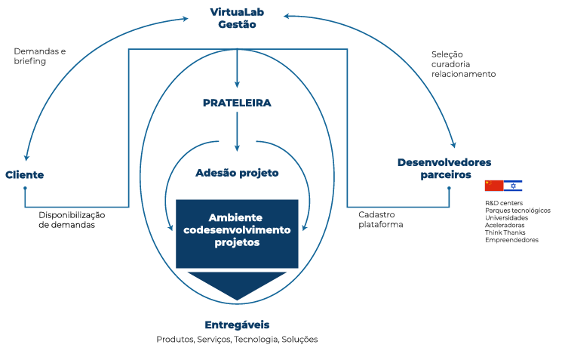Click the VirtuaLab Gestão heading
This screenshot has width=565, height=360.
237,18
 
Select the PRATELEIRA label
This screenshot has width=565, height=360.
237,103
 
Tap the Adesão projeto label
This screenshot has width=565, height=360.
237,173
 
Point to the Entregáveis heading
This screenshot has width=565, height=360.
237,325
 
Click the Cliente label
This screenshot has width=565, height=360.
25,175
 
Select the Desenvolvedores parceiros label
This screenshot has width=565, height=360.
444,168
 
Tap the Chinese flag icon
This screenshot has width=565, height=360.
493,186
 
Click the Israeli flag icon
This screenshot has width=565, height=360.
513,186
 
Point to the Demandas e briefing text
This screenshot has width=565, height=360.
39,56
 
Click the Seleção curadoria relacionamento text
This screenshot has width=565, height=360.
463,64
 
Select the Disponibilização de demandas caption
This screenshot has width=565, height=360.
72,220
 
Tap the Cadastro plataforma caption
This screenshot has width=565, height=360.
381,220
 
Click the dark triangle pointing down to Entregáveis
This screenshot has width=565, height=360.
237,284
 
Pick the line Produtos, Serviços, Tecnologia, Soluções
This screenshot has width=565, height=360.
237,340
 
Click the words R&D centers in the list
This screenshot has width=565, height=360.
503,203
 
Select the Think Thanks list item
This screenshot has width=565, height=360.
505,232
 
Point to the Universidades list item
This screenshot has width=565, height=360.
506,217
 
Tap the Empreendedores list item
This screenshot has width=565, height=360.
511,240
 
